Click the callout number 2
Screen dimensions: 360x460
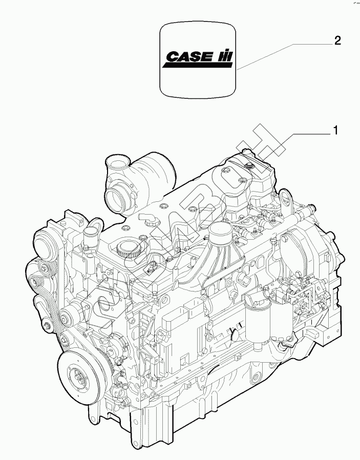pos(337,41)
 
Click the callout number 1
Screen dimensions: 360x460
pos(335,131)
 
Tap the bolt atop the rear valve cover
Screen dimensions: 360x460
pos(248,165)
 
